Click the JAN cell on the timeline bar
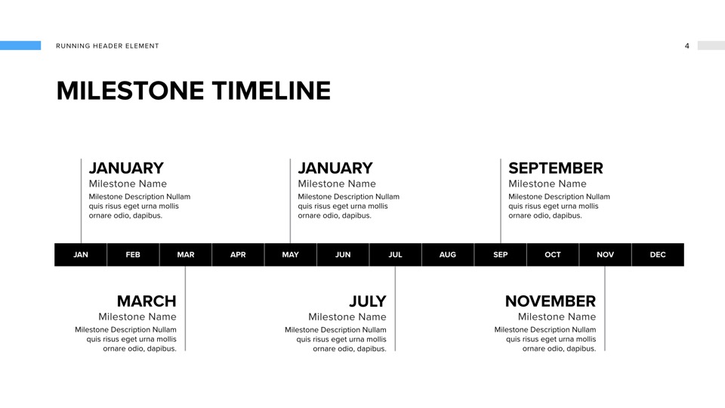point(81,255)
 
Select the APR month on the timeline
point(238,255)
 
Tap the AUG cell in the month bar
point(448,255)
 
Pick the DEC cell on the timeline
point(658,255)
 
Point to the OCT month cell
point(553,255)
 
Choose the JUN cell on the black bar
point(343,255)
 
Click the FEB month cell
point(133,255)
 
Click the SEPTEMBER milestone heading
point(556,168)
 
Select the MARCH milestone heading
point(147,301)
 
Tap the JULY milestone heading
point(368,301)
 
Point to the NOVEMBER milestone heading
point(551,301)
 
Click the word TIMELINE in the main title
point(271,91)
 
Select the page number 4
point(687,46)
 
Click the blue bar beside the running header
point(20,45)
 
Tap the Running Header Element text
point(107,46)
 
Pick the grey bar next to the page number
point(711,45)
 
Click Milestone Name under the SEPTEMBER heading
point(548,184)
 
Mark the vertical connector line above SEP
point(500,201)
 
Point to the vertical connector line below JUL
point(395,308)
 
